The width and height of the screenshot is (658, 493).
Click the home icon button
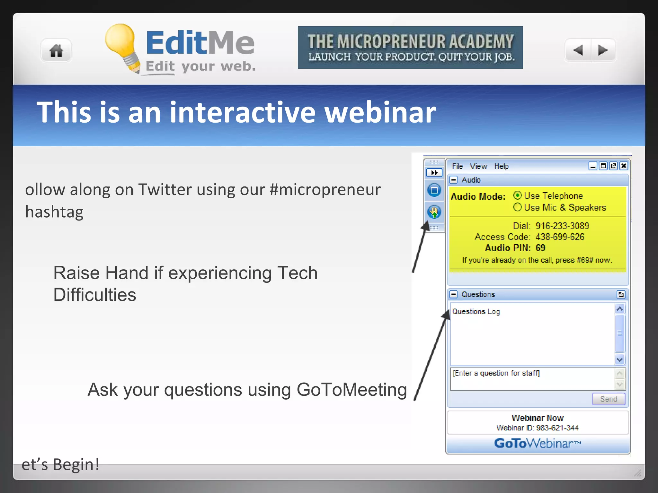(x=56, y=51)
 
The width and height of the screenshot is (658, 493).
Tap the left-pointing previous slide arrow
(x=578, y=50)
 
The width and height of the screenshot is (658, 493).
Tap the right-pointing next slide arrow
(x=603, y=50)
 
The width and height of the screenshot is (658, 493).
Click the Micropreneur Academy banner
(x=410, y=48)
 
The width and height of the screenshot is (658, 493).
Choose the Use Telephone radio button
(x=517, y=195)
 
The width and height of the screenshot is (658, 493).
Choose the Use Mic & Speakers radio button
(x=517, y=207)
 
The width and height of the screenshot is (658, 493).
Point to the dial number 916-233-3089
(x=562, y=226)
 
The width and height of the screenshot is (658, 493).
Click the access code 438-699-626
(x=560, y=237)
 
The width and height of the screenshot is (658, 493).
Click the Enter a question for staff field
(x=532, y=379)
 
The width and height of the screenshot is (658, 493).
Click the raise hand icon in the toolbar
(x=434, y=212)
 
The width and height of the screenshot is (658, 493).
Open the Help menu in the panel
(x=501, y=166)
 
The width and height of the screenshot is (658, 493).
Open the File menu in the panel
(x=457, y=166)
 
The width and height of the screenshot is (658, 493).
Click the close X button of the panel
(x=624, y=166)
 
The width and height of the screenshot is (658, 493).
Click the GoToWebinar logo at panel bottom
(x=538, y=444)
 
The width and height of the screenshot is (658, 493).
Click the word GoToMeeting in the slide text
(x=351, y=390)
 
